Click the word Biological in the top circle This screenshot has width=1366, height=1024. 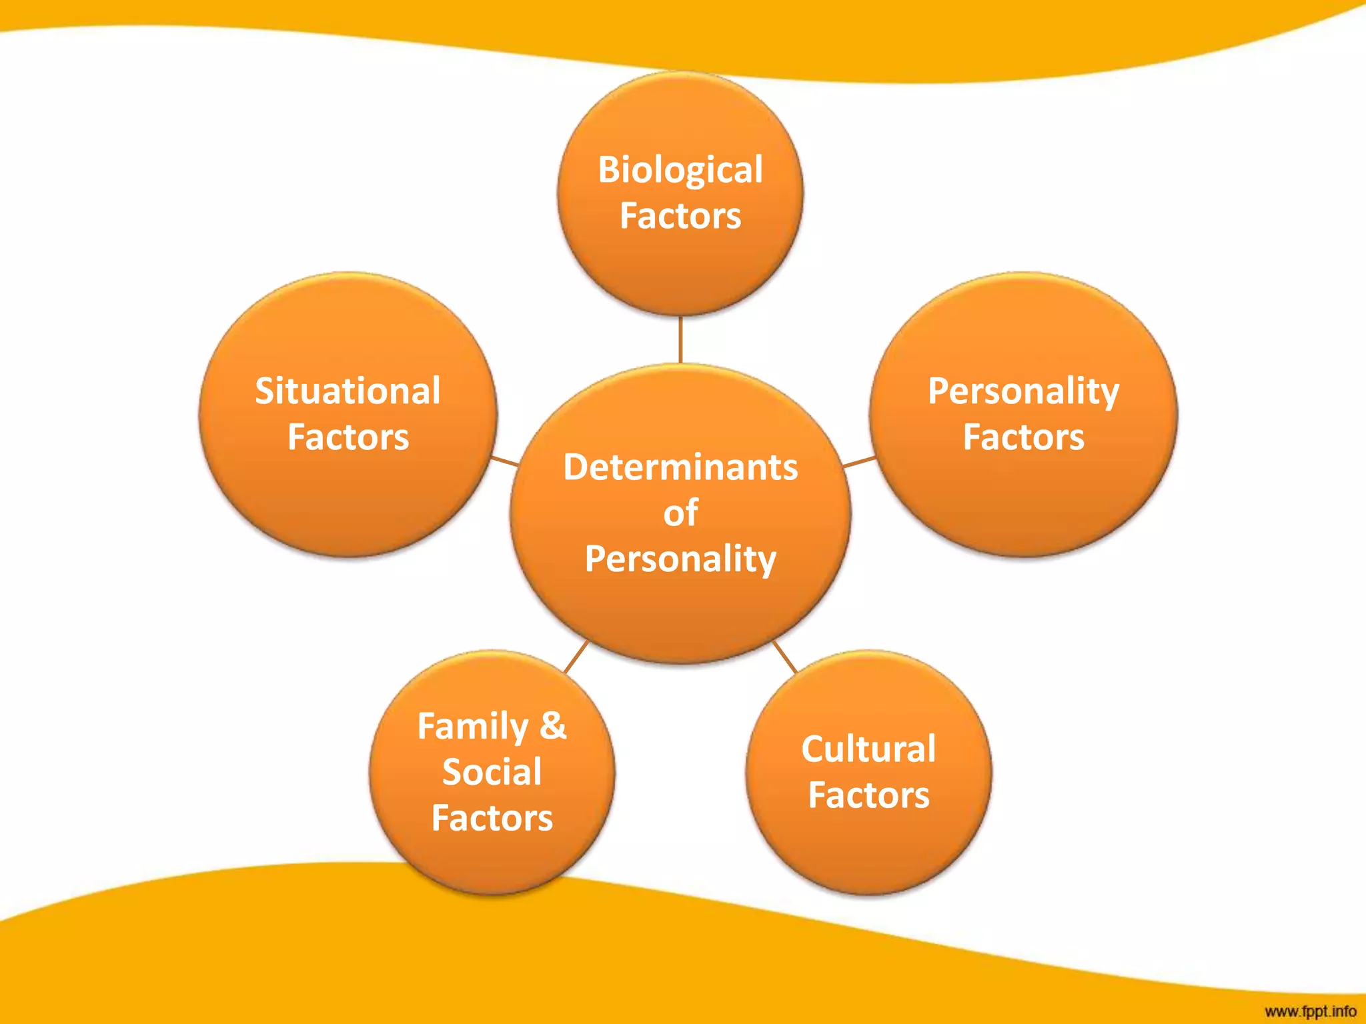(x=680, y=170)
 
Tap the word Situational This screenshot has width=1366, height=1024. (x=348, y=391)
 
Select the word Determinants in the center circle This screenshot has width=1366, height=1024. (x=680, y=467)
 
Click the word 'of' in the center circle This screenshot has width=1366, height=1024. (x=680, y=513)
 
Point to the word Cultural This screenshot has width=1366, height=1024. (x=868, y=749)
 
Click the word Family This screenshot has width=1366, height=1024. (x=472, y=727)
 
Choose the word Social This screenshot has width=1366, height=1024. (x=492, y=772)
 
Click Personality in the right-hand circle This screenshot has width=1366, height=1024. (x=1023, y=391)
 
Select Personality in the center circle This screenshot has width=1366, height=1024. (x=680, y=559)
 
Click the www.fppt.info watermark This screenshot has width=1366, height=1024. (x=1310, y=1011)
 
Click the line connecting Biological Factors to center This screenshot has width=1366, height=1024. (x=680, y=339)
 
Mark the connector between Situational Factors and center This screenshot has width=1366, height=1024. (x=505, y=461)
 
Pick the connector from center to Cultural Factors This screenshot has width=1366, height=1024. (x=785, y=657)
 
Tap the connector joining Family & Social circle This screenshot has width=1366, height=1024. (x=576, y=657)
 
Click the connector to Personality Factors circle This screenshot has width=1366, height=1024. (x=860, y=461)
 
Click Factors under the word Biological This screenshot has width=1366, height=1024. (x=680, y=216)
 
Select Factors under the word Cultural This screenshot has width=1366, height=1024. (x=868, y=795)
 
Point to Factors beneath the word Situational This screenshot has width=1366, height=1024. (x=348, y=437)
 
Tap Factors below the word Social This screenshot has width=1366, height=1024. (x=492, y=818)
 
